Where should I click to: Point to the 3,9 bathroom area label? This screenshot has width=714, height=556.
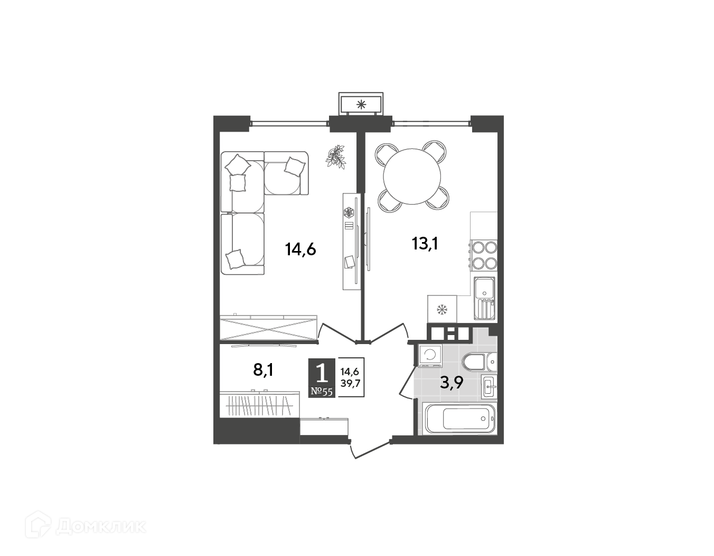pos(452,383)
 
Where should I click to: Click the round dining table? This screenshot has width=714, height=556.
pos(412,176)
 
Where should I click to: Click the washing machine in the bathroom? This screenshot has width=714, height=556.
pos(430,355)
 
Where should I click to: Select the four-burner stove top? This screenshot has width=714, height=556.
pos(484,255)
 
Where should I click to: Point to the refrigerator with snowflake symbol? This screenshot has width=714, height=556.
pos(442,309)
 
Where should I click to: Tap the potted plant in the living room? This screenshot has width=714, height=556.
pos(335,157)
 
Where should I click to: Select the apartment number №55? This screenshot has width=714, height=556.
pos(322,392)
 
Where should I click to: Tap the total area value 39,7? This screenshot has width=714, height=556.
pos(350,383)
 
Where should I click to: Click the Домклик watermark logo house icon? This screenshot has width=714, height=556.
pos(38,526)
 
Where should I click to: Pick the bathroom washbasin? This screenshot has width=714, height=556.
pos(489,386)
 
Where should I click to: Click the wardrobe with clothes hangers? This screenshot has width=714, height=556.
pos(260,404)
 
